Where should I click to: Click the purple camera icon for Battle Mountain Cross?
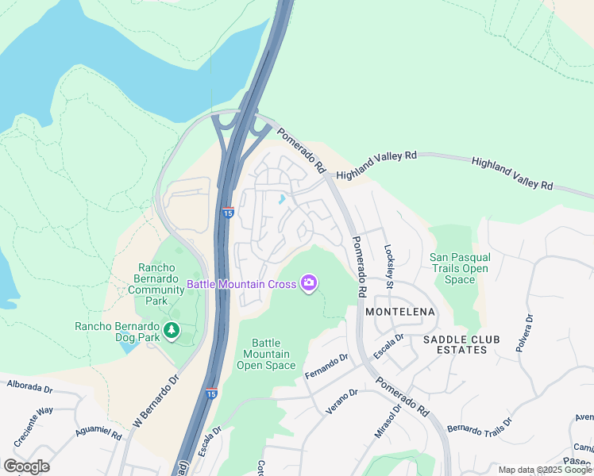309,283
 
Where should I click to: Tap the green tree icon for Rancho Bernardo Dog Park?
169,329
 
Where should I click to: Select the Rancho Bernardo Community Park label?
158,284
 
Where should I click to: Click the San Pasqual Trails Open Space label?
460,268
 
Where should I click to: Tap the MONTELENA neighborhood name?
399,313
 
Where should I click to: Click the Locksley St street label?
388,266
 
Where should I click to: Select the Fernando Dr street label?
326,366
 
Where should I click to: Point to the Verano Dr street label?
341,402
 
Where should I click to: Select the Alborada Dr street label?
29,387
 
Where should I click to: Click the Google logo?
26,466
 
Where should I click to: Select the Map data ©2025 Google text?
546,470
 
